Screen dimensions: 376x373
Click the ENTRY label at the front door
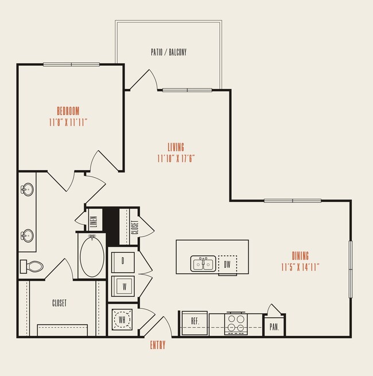click(x=158, y=345)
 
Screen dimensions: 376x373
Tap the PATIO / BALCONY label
click(x=169, y=52)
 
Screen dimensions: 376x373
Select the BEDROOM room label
click(x=68, y=111)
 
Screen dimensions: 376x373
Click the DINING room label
click(x=300, y=256)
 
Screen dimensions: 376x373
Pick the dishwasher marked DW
click(x=227, y=264)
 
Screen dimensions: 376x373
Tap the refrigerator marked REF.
click(x=194, y=323)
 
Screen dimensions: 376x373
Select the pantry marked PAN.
click(x=274, y=327)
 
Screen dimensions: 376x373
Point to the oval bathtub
click(x=92, y=256)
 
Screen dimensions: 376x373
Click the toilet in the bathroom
click(x=33, y=267)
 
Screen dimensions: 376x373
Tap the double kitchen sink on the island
click(x=203, y=264)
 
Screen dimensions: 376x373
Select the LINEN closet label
click(x=93, y=220)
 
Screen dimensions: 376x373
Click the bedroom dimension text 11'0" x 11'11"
click(x=68, y=122)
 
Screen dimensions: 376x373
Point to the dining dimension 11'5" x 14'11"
click(x=300, y=267)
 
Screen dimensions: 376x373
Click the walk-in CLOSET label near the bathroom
click(x=59, y=303)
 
